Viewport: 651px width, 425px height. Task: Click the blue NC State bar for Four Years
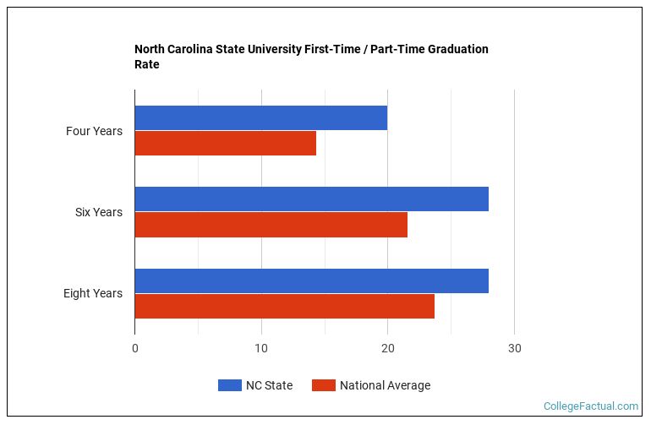point(261,118)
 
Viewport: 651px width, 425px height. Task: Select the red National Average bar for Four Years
point(226,143)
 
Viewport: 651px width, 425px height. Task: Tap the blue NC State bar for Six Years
point(312,199)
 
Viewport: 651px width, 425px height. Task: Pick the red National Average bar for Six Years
point(271,225)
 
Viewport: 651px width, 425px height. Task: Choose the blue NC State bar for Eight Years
point(312,281)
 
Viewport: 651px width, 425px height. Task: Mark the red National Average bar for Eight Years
point(285,307)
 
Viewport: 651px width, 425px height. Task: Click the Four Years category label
point(94,131)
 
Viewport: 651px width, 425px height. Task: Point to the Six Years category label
point(99,212)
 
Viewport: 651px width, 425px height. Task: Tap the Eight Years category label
point(93,293)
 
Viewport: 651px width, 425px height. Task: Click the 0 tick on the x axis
point(135,348)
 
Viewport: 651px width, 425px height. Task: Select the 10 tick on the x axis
point(261,348)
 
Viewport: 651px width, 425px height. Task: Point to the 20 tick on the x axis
point(388,348)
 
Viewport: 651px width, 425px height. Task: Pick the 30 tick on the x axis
point(514,348)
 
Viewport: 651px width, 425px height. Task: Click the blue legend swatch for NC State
point(230,385)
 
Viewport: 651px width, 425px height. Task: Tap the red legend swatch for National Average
point(324,385)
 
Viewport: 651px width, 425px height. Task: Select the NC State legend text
point(270,385)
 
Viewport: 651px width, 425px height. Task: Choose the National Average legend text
point(386,385)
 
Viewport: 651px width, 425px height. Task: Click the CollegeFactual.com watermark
point(591,406)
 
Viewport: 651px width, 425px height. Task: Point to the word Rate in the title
point(147,64)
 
